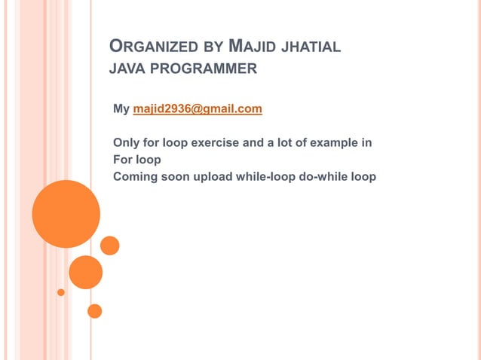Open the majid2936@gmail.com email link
pos(198,109)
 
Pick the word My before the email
pos(121,109)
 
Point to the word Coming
pos(133,177)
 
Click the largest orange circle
pos(66,214)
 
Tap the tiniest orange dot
pos(61,292)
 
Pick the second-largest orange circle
pos(86,273)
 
